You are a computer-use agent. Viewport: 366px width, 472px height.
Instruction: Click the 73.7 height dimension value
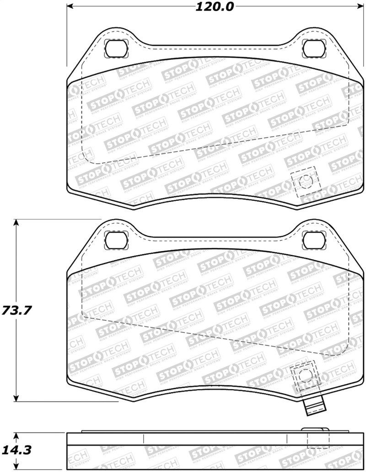coord(17,311)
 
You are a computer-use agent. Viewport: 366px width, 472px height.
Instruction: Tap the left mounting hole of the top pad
coord(114,48)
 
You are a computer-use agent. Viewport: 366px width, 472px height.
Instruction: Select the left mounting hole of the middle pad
coord(114,240)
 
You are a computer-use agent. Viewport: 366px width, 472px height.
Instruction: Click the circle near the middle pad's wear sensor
coord(303,376)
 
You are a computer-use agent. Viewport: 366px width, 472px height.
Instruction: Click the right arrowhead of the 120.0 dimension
coord(357,7)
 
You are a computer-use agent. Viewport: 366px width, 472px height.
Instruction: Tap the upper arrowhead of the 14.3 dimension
coord(17,435)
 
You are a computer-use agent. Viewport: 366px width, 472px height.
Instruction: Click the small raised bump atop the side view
coord(315,430)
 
